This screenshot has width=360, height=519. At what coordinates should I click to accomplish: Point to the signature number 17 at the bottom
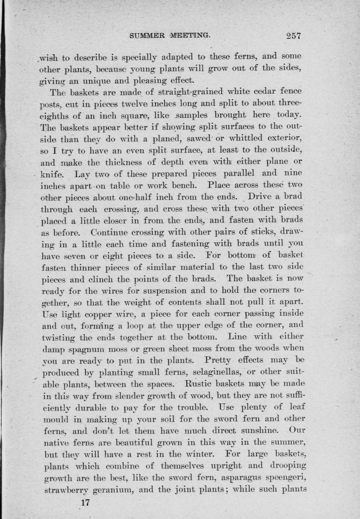click(x=85, y=502)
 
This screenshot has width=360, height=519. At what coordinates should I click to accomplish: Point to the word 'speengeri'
click(x=289, y=478)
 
